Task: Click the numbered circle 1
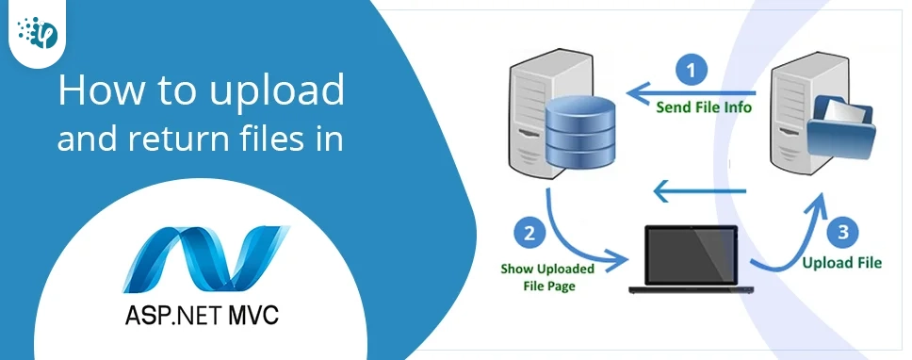click(692, 70)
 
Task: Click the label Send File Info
click(704, 106)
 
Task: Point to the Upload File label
click(841, 263)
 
